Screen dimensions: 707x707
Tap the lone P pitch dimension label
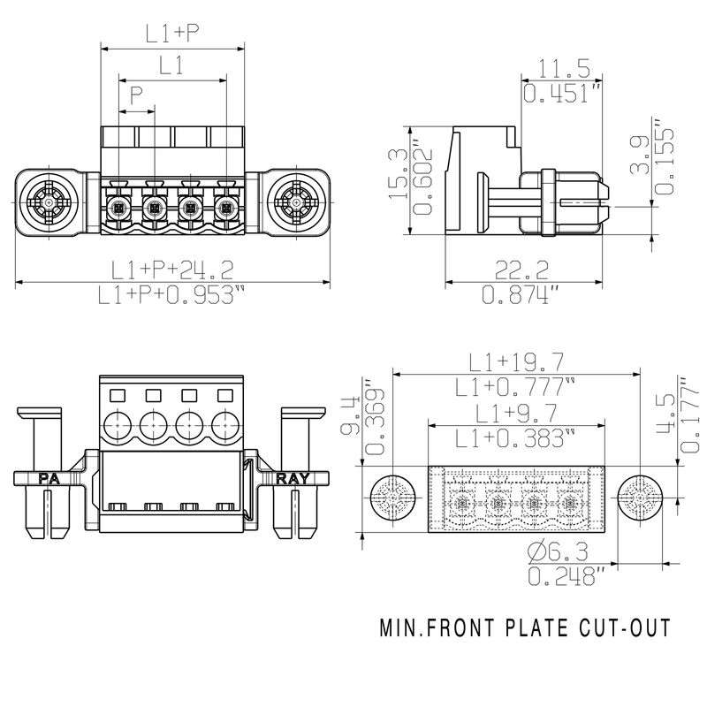click(135, 95)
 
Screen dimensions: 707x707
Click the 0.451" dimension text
click(562, 93)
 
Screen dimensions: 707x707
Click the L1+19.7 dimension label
click(517, 361)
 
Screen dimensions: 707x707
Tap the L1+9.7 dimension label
click(517, 412)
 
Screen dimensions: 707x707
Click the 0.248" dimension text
click(566, 578)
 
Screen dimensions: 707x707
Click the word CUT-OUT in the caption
click(627, 629)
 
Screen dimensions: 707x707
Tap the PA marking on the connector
click(49, 479)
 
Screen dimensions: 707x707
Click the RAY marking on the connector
click(293, 479)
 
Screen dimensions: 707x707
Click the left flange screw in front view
click(47, 203)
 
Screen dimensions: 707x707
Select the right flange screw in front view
click(296, 203)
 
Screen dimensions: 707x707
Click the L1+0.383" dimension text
click(517, 437)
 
